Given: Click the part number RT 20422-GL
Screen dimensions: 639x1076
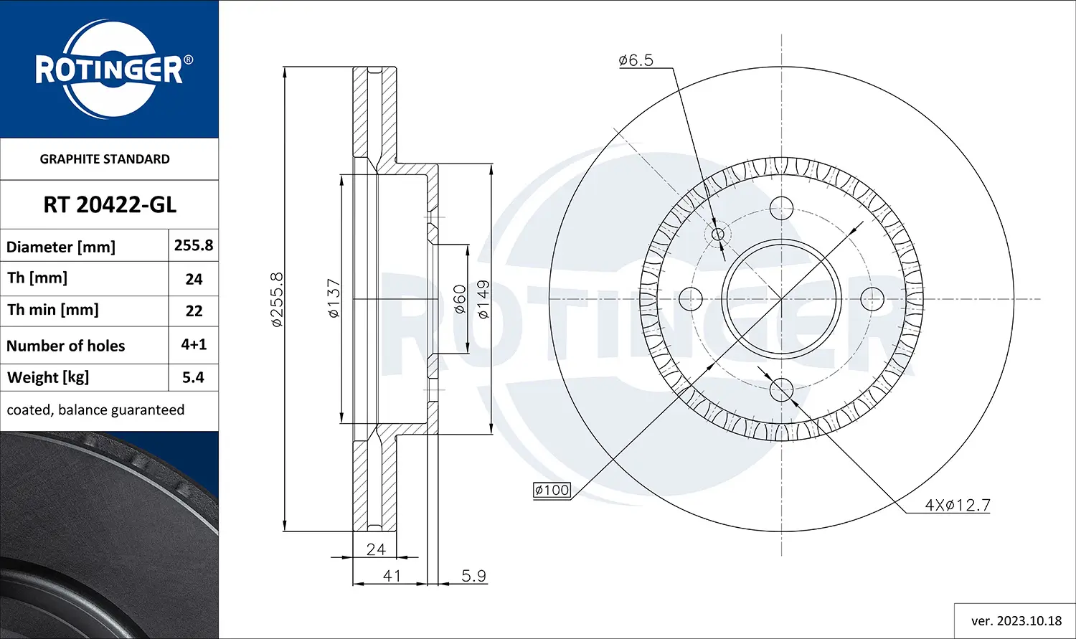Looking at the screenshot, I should pos(110,205).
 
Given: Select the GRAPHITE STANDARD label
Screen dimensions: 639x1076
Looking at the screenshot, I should pos(105,159).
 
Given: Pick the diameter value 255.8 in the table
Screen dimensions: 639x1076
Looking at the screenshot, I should pos(193,245).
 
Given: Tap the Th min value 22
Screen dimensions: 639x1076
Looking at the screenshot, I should pos(194,311).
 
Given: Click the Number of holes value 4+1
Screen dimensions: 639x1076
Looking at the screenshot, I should pos(194,344).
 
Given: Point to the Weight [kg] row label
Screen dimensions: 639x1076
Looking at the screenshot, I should pos(48,377).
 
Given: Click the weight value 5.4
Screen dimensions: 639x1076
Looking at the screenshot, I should pos(193,377).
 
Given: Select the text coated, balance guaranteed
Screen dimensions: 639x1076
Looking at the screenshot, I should pos(95,410).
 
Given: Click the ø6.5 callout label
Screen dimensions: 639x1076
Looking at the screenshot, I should pos(636,60).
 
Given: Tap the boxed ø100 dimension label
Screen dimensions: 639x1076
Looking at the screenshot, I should pos(552,491).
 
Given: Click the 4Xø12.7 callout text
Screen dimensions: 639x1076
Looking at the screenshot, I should pos(958,505).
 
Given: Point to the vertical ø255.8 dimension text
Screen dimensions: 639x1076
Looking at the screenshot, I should pos(277,299).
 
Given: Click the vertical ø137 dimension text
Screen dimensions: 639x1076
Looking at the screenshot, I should pos(334,299).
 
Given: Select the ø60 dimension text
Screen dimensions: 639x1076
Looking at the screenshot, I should pos(460,299).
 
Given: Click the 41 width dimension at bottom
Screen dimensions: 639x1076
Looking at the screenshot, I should pos(392,576).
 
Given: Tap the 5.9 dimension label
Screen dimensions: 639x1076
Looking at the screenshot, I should pos(473,576).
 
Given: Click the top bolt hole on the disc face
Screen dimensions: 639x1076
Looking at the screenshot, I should pos(781,209).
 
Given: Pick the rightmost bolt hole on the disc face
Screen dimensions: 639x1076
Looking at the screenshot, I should pos(872,298).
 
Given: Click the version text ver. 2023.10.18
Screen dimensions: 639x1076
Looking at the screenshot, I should pos(1016,621).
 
